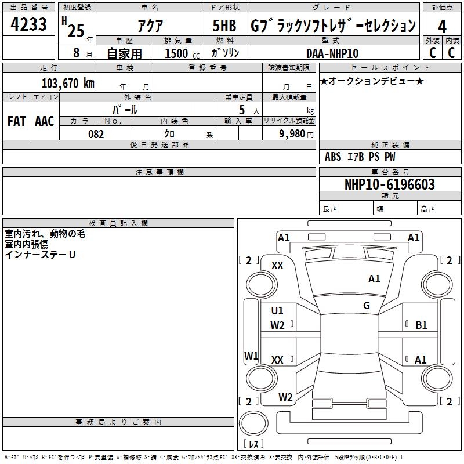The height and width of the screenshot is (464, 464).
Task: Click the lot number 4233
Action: tap(28, 24)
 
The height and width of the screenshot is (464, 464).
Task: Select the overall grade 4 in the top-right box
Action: tap(442, 27)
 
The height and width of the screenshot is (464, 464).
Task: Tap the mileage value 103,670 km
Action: tap(68, 84)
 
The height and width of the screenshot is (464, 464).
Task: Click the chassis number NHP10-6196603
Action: tap(390, 184)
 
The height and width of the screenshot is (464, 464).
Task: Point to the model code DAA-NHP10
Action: tap(332, 53)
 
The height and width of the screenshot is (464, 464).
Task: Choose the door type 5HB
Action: tap(224, 26)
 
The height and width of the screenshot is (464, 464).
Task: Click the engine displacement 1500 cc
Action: tap(182, 53)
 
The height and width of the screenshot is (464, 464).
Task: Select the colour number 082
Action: tap(96, 134)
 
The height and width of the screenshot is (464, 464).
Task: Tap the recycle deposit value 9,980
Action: tap(292, 134)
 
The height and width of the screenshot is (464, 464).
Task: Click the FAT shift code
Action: tap(17, 121)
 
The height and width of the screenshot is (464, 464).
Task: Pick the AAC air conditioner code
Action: tap(45, 121)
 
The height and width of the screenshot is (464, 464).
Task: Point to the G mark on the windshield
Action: tap(367, 306)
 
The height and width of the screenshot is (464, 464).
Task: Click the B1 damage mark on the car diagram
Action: tap(421, 325)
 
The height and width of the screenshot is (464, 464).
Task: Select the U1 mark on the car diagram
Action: tap(277, 311)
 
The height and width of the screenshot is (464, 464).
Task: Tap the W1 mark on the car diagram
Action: tap(251, 356)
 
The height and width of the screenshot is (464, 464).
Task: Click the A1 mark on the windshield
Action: tap(374, 279)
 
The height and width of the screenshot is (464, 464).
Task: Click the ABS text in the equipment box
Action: tap(333, 157)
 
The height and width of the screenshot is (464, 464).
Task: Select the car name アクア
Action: tap(150, 26)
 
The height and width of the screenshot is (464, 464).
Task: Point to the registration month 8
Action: tap(77, 53)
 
